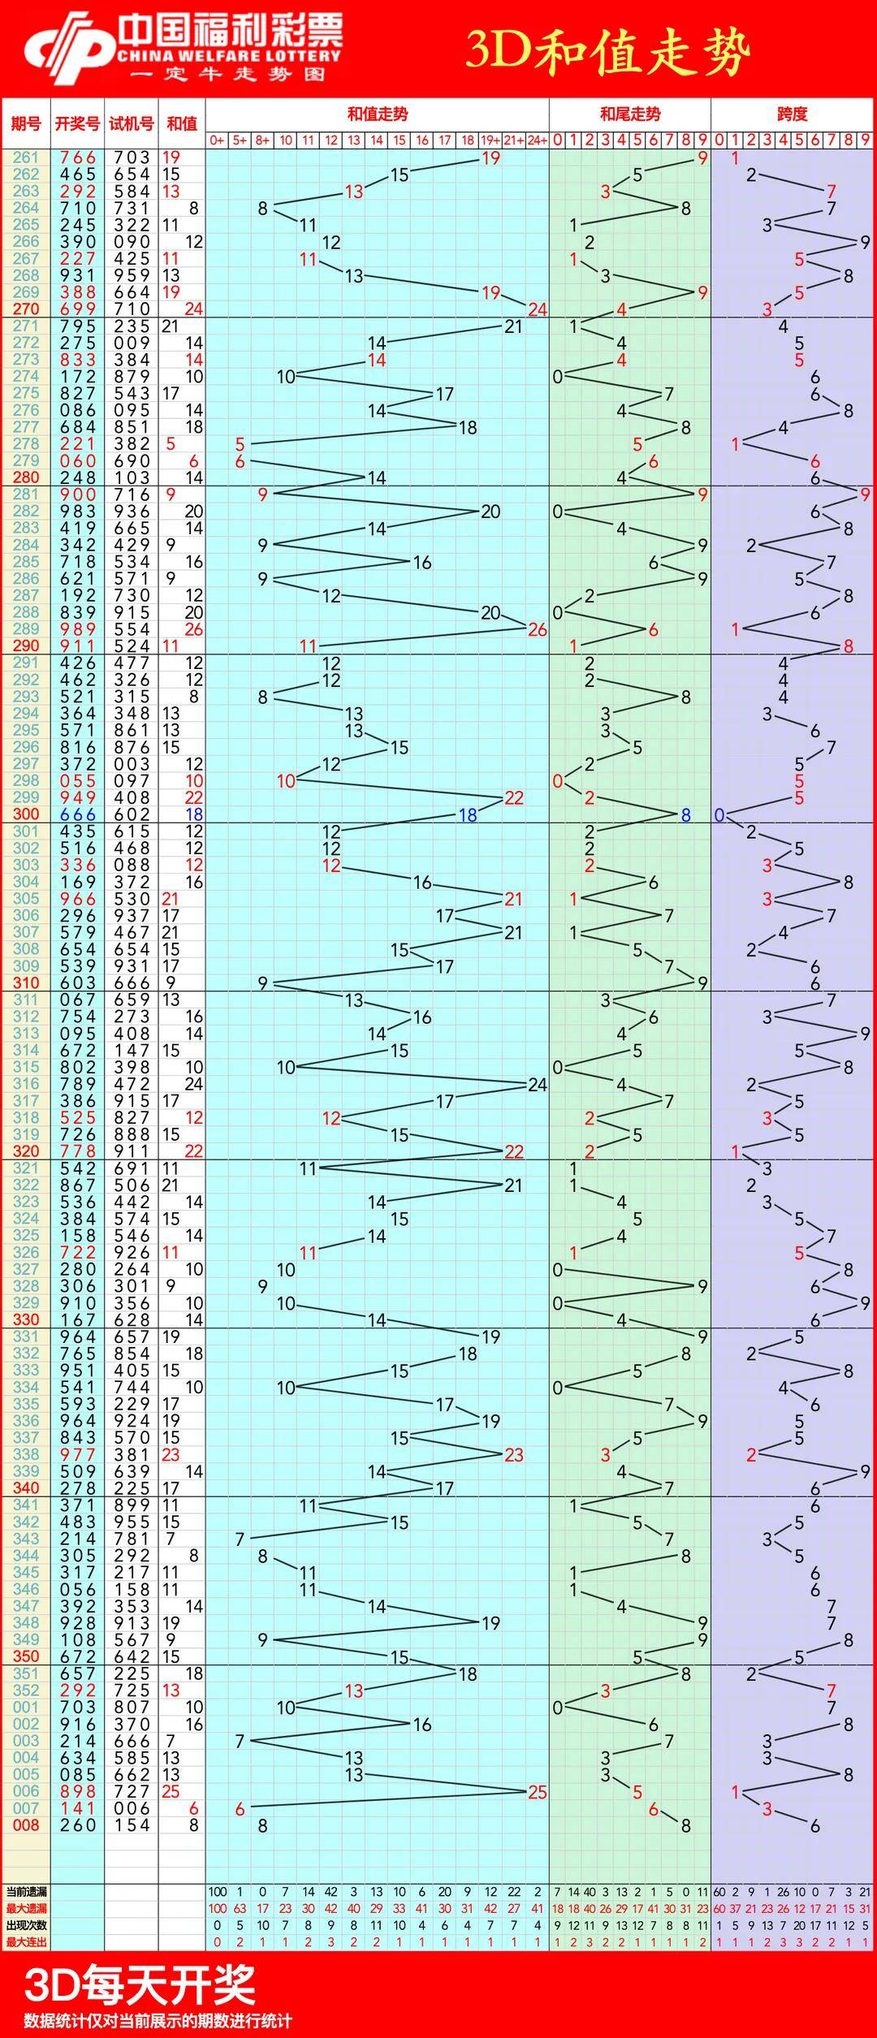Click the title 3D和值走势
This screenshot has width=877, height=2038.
coord(607,53)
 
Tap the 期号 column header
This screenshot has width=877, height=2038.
coord(26,123)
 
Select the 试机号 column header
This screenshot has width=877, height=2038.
coord(132,123)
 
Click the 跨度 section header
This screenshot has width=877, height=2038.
coord(792,114)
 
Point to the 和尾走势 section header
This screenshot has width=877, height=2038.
coord(630,114)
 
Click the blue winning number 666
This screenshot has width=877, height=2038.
coord(78,814)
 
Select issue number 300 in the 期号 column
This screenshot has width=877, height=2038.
coord(26,814)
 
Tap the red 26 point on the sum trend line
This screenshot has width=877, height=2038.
coord(537,629)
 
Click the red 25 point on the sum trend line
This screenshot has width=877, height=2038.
coord(537,1792)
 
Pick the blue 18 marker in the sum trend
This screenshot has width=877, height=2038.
coord(468,814)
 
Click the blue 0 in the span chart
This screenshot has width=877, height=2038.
coord(719,814)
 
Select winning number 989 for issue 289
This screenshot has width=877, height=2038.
coord(78,629)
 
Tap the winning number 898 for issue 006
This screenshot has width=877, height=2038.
coord(78,1792)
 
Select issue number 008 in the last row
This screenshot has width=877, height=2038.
coord(26,1825)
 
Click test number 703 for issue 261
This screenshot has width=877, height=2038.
coord(132,158)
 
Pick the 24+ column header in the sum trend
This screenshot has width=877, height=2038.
coord(537,140)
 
